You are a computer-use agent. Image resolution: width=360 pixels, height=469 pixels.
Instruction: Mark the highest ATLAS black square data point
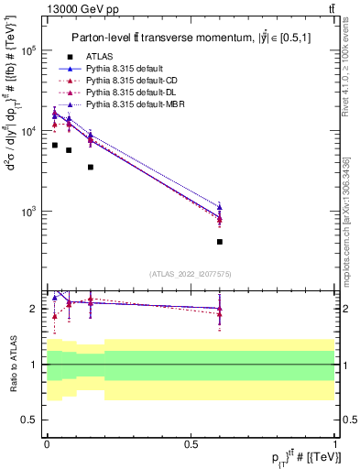(55, 146)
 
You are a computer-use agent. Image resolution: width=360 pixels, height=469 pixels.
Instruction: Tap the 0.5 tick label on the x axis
(191, 444)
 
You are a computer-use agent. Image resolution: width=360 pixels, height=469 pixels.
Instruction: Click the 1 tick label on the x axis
(335, 444)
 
